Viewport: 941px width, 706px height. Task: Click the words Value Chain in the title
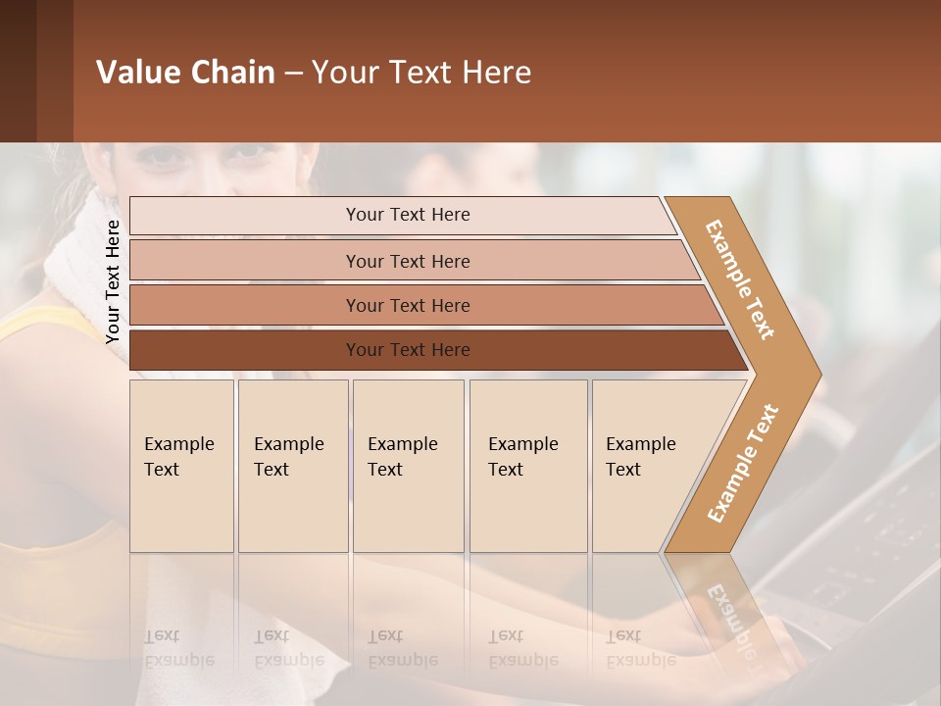tap(185, 72)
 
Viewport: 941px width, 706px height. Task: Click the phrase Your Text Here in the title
tap(421, 72)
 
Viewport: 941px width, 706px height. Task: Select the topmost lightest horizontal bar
tap(407, 215)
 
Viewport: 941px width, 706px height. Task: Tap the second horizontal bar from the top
tap(407, 261)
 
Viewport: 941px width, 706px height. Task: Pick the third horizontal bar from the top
tap(407, 305)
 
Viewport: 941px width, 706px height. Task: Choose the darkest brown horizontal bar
tap(407, 350)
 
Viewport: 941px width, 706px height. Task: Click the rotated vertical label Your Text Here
tap(113, 281)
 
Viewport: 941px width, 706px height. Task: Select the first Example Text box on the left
tap(181, 466)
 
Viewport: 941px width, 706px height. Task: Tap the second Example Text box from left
tap(292, 466)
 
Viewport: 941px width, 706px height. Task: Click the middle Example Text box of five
tap(408, 466)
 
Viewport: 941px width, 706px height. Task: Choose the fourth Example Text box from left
tap(527, 466)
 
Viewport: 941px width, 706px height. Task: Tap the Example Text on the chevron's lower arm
tap(743, 463)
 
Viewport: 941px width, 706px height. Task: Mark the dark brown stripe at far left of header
tap(18, 71)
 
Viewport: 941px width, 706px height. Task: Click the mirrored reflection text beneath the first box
tap(178, 647)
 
